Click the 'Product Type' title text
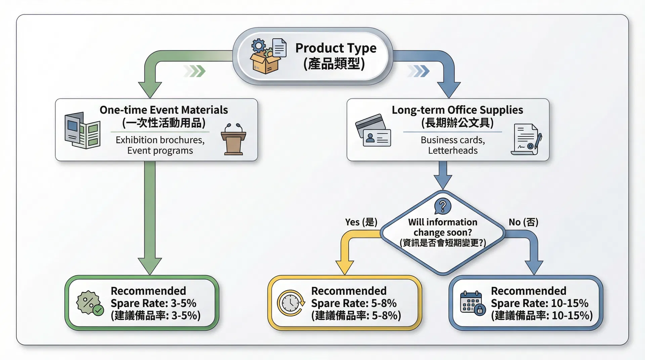(x=336, y=48)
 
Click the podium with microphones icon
(x=233, y=139)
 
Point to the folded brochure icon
(x=82, y=131)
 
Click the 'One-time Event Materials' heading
(x=164, y=110)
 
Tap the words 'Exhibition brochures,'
(x=160, y=140)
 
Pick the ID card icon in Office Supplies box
(x=373, y=131)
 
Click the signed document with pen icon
(x=526, y=139)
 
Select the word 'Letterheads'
(x=453, y=150)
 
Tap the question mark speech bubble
(x=443, y=206)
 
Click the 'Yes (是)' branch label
(x=361, y=222)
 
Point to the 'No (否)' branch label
(x=523, y=222)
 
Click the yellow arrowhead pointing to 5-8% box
(x=344, y=267)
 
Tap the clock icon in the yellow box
(x=291, y=303)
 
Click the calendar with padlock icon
(x=472, y=303)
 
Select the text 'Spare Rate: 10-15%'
(x=539, y=303)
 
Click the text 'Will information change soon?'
(x=442, y=227)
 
